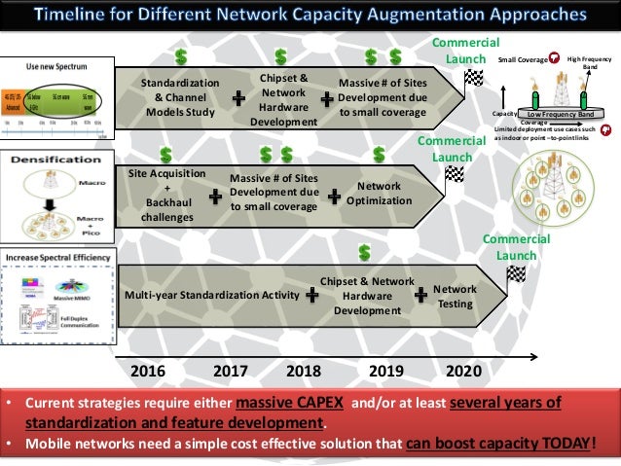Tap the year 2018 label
(x=304, y=372)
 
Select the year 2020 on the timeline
(x=463, y=372)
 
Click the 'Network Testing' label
(x=455, y=296)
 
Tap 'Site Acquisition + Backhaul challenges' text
(x=167, y=195)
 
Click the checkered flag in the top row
(x=474, y=79)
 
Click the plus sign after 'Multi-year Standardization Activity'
(x=312, y=294)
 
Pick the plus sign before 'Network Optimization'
(x=334, y=194)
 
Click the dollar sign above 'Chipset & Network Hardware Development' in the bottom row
(x=364, y=252)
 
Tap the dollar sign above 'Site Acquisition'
(x=165, y=154)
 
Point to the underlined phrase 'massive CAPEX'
(x=287, y=404)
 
